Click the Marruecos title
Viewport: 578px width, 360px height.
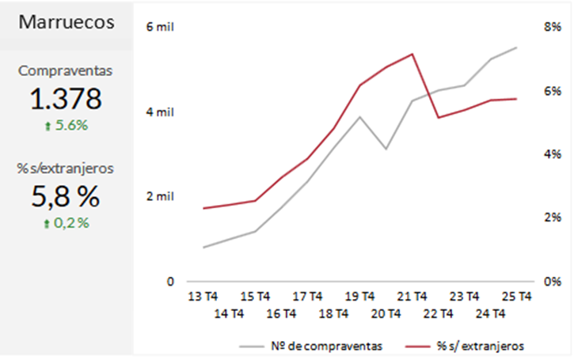[67, 22]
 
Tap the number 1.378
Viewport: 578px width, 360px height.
[67, 99]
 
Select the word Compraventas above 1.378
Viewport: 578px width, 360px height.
[67, 70]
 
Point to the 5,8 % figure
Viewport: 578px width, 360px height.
[67, 195]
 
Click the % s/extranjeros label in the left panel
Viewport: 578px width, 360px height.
[67, 168]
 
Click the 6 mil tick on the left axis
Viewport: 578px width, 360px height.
[159, 27]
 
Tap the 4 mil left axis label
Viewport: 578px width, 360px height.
[159, 112]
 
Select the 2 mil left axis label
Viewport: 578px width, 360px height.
[159, 196]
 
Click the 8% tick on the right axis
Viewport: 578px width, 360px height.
[552, 27]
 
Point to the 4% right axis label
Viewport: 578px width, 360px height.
[552, 153]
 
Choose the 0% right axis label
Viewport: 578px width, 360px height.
[552, 281]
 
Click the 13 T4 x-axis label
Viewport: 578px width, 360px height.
[203, 297]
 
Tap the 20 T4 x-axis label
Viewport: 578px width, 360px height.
[386, 313]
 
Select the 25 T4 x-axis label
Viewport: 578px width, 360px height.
[516, 297]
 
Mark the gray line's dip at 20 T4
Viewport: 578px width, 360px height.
[386, 149]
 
